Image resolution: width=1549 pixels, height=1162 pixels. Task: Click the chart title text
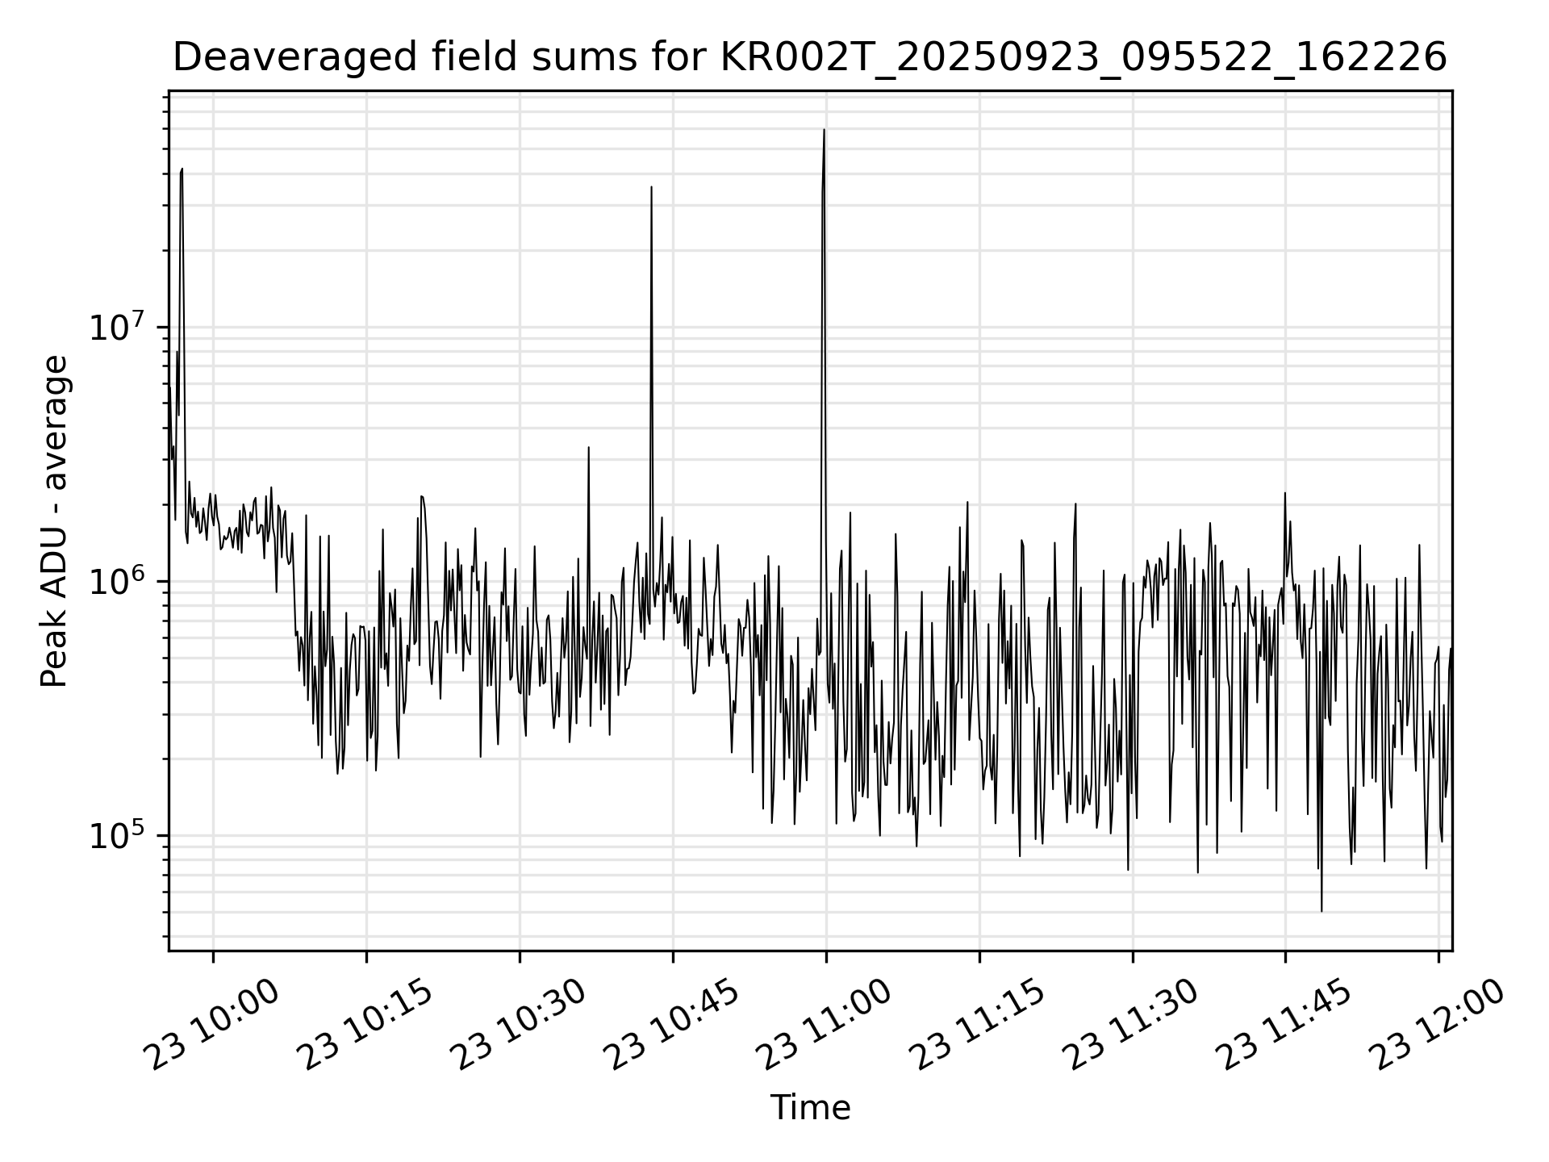[x=810, y=58]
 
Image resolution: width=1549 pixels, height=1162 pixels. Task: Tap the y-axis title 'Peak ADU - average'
[x=54, y=522]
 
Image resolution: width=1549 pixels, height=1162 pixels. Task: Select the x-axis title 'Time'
[x=810, y=1108]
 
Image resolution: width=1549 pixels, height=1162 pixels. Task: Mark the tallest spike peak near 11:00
[x=824, y=130]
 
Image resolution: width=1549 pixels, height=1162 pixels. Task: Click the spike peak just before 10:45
[x=651, y=187]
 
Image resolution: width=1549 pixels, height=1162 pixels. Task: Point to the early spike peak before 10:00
[x=182, y=169]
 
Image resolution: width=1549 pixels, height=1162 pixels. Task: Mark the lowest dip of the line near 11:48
[x=1321, y=911]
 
